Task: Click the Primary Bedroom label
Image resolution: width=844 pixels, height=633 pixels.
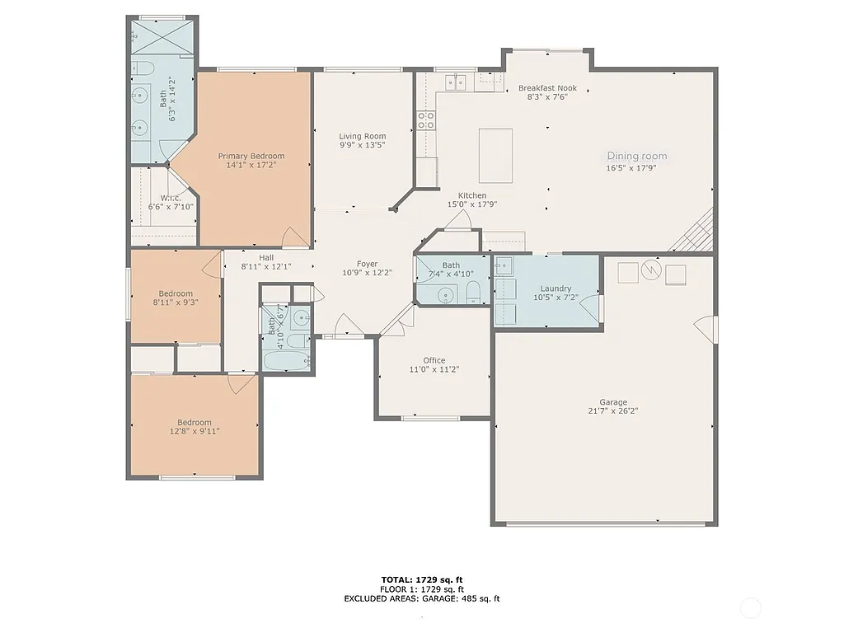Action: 251,156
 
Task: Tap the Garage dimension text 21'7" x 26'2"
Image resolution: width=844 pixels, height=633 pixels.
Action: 613,411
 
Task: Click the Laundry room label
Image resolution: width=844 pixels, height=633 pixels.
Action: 556,288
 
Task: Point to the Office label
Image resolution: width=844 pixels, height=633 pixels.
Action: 434,360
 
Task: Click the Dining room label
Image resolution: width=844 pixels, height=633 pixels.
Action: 637,156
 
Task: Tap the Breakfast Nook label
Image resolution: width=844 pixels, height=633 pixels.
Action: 547,88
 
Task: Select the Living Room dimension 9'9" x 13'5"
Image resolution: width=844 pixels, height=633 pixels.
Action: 363,145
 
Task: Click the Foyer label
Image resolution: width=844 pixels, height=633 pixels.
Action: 367,264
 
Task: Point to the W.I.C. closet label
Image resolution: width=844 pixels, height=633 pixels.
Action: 171,198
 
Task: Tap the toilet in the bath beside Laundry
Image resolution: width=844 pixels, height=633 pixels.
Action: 474,292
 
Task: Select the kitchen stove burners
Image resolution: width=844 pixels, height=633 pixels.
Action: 425,121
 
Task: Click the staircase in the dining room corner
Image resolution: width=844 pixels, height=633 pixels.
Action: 693,232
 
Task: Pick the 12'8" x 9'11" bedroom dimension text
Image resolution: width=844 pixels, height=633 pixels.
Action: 195,430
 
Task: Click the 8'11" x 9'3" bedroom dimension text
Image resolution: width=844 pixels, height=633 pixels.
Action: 176,302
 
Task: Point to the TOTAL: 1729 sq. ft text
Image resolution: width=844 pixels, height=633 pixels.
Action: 421,579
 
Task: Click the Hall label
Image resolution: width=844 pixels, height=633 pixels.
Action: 265,257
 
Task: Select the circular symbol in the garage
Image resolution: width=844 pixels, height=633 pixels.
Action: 651,269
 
